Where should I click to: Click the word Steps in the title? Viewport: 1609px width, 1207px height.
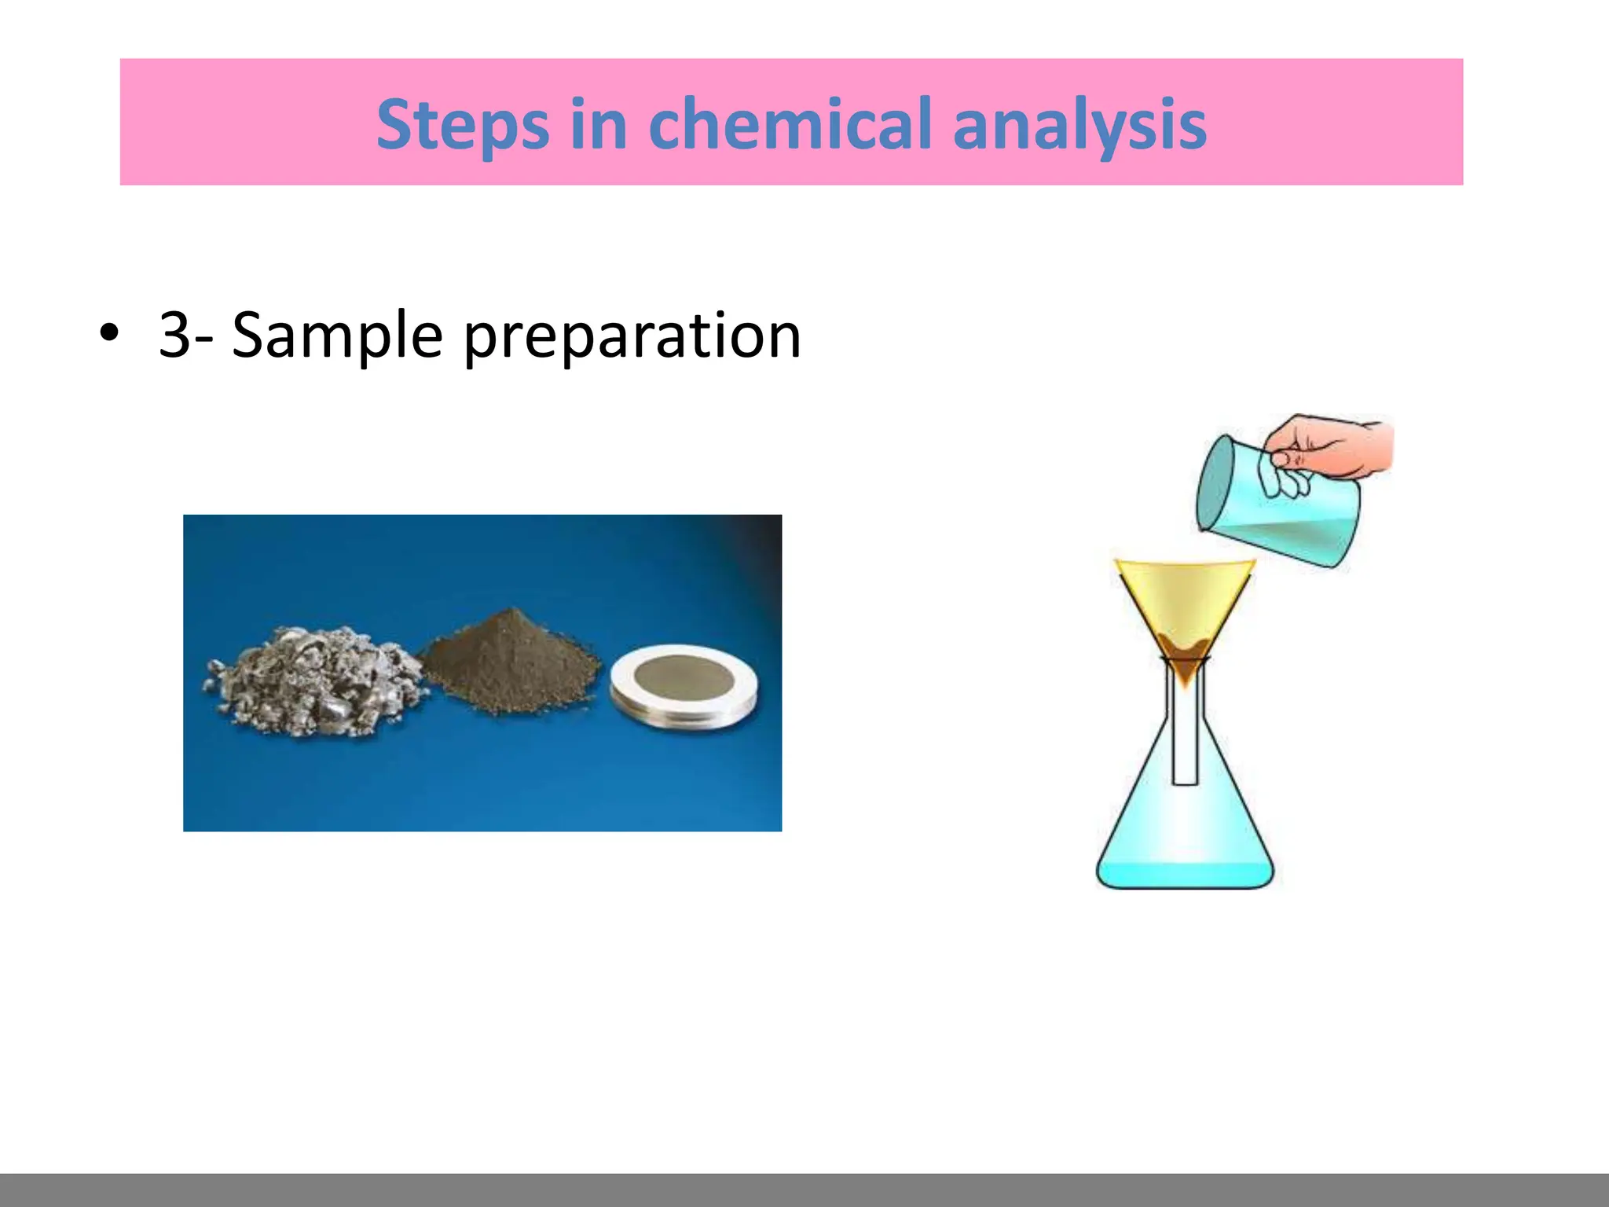pos(462,124)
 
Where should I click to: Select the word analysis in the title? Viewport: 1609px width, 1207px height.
pos(1079,124)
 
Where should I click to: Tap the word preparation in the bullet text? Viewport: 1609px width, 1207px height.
pos(632,336)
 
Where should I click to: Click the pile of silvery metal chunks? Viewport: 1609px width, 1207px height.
pos(314,680)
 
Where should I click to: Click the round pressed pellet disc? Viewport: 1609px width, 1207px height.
pos(684,684)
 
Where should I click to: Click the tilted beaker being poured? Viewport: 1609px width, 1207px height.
pos(1273,503)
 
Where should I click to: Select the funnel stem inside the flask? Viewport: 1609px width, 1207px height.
pos(1185,739)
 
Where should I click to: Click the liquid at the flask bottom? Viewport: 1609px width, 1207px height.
pos(1185,872)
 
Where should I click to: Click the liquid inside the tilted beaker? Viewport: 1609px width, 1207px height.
pos(1288,534)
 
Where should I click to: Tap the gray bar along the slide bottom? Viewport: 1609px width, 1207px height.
pos(804,1190)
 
